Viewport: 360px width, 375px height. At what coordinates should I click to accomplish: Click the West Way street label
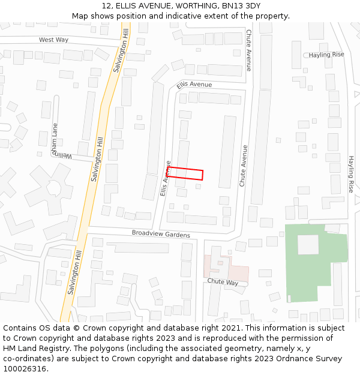tap(53, 40)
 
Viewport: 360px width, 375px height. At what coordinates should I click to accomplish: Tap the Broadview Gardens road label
tap(161, 233)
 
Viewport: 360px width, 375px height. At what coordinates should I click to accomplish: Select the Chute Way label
tap(223, 281)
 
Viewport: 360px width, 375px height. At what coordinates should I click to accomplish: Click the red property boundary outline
tap(185, 173)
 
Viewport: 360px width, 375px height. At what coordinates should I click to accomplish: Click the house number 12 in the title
tap(105, 5)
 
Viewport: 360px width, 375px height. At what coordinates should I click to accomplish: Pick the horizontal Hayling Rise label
tap(326, 55)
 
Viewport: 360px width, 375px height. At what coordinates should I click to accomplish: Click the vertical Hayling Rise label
tap(352, 174)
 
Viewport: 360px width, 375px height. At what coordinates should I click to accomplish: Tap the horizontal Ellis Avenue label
tap(194, 85)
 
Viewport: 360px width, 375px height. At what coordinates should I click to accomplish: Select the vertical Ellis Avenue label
tap(166, 178)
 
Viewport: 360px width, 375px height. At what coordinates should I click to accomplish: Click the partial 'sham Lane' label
tap(55, 139)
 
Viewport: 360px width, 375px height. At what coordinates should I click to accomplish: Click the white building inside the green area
tap(308, 244)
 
